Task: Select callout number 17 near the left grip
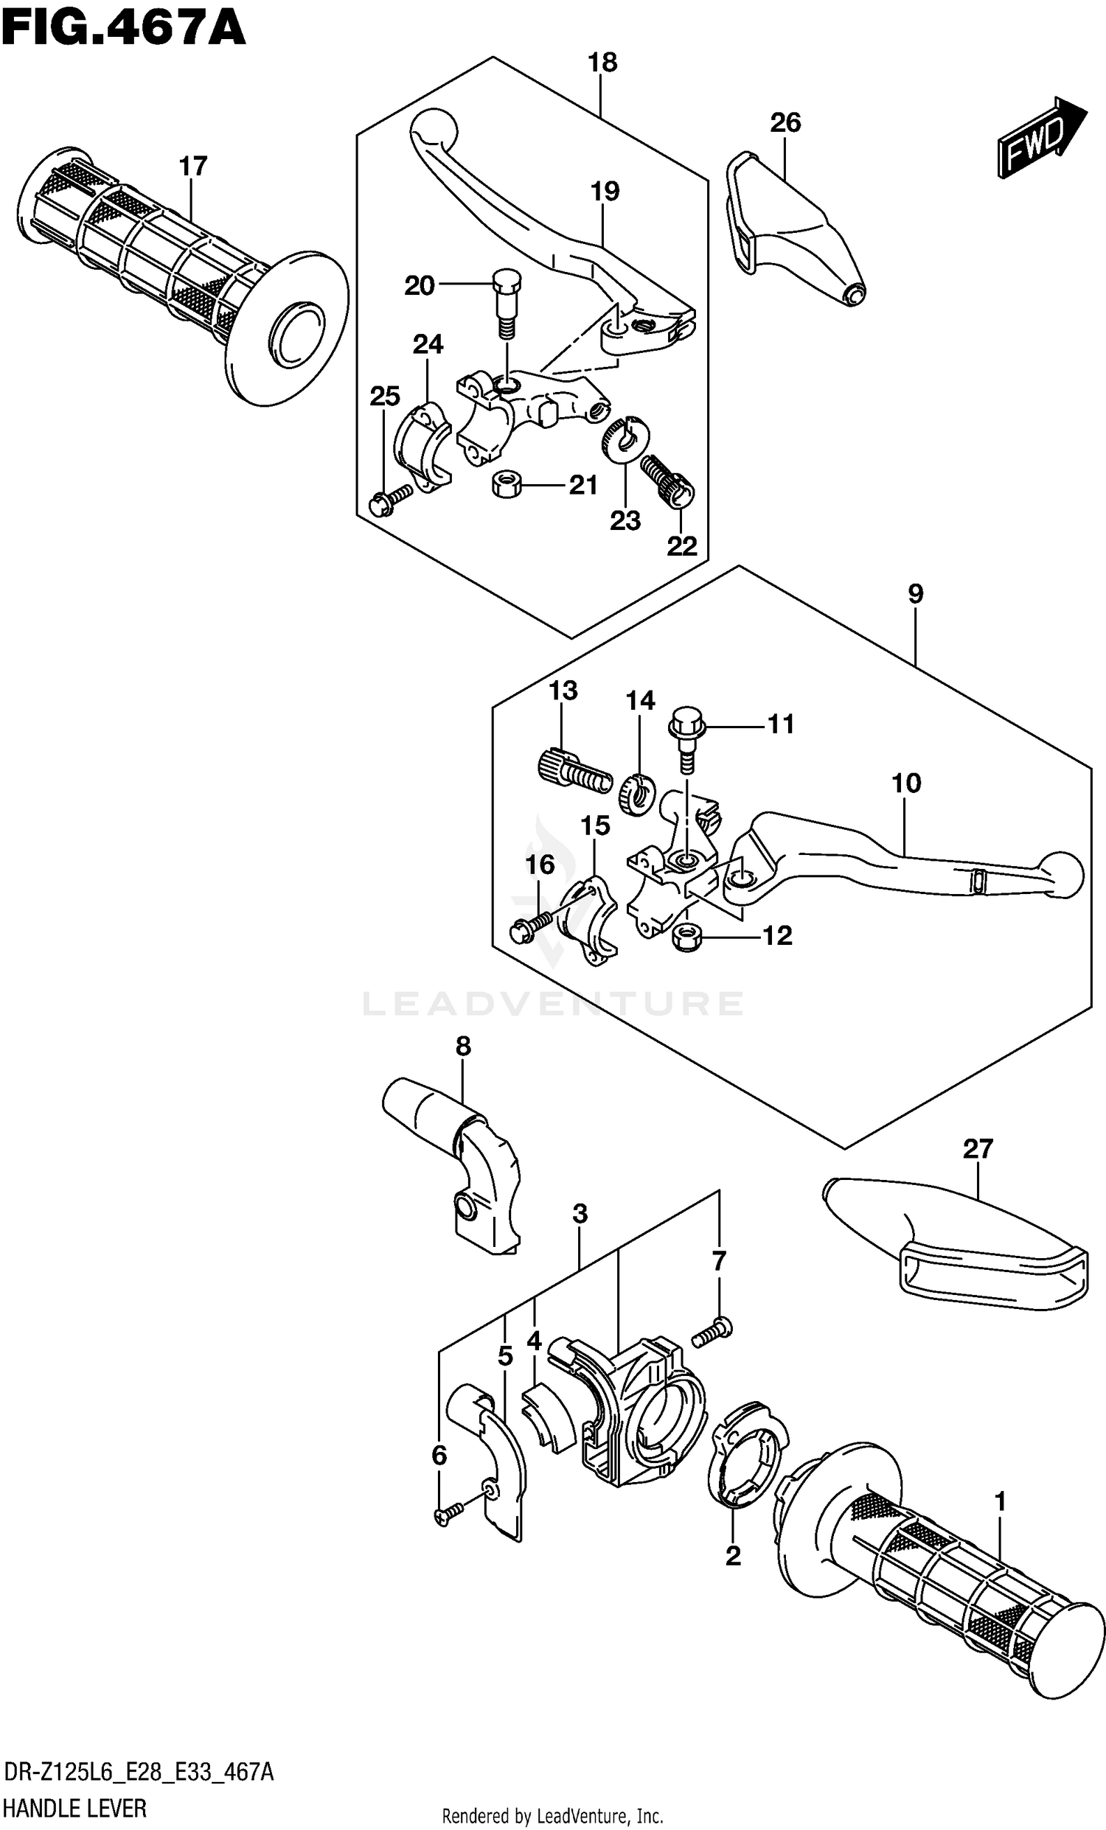tap(192, 167)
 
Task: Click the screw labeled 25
tap(388, 500)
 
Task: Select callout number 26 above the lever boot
tap(785, 122)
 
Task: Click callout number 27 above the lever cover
tap(977, 1149)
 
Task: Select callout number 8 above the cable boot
tap(463, 1047)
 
